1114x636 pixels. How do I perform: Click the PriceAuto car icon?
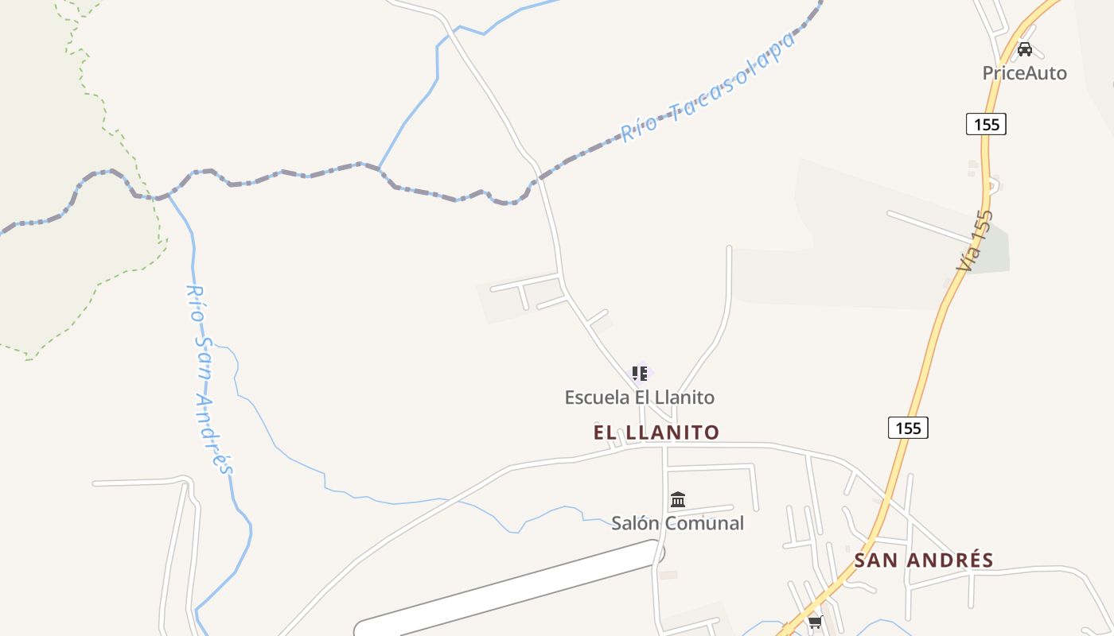(x=1025, y=49)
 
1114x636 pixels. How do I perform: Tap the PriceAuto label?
(x=1024, y=73)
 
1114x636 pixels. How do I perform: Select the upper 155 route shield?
(x=986, y=124)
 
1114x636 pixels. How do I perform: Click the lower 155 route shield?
(x=908, y=428)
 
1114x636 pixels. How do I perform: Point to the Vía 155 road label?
(x=976, y=240)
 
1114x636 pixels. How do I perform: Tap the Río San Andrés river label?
(x=209, y=379)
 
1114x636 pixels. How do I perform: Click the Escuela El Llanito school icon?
(x=639, y=373)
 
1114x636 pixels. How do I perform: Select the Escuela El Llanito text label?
(x=639, y=397)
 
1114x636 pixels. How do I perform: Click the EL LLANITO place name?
(x=656, y=432)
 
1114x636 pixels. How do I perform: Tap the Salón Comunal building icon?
(x=678, y=499)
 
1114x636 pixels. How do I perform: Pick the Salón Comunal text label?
(x=677, y=523)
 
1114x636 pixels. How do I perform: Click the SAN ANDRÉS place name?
(x=924, y=560)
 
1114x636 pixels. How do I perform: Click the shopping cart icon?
(x=815, y=622)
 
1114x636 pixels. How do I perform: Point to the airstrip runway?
(x=509, y=588)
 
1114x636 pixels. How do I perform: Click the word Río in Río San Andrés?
(x=196, y=302)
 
